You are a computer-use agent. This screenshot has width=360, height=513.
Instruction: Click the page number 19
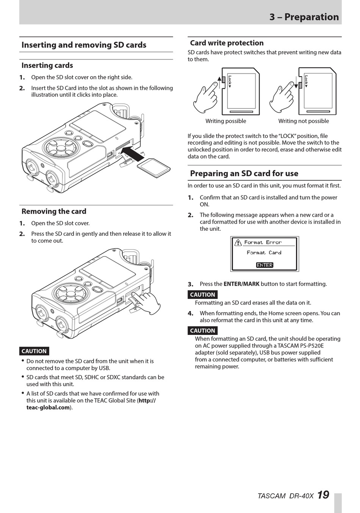(x=323, y=495)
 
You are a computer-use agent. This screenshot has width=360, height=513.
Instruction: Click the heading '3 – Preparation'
(x=304, y=17)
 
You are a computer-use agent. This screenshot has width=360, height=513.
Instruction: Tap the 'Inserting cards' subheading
(x=47, y=66)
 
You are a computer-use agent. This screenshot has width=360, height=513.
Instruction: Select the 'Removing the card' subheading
(x=54, y=211)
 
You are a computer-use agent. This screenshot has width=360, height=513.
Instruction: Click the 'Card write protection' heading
(x=227, y=43)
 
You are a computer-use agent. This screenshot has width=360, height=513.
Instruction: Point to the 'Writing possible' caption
(x=225, y=121)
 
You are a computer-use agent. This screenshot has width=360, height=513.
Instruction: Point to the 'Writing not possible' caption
(x=304, y=121)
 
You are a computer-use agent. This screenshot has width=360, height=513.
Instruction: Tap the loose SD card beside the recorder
(x=154, y=168)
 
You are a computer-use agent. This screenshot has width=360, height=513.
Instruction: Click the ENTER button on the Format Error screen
(x=265, y=265)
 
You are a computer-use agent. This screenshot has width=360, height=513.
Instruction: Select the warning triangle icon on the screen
(x=238, y=242)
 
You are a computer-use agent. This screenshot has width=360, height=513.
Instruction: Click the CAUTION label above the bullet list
(x=34, y=351)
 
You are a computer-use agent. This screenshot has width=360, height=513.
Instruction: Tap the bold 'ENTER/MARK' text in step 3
(x=241, y=284)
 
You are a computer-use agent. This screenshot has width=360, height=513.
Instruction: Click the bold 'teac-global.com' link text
(x=48, y=407)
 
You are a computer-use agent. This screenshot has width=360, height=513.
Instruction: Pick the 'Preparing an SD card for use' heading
(x=244, y=174)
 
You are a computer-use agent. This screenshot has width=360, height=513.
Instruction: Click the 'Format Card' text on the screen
(x=264, y=253)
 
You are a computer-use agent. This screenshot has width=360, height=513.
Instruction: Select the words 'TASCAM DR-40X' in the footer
(x=285, y=496)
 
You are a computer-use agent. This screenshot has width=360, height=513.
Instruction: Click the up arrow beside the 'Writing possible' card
(x=219, y=82)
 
